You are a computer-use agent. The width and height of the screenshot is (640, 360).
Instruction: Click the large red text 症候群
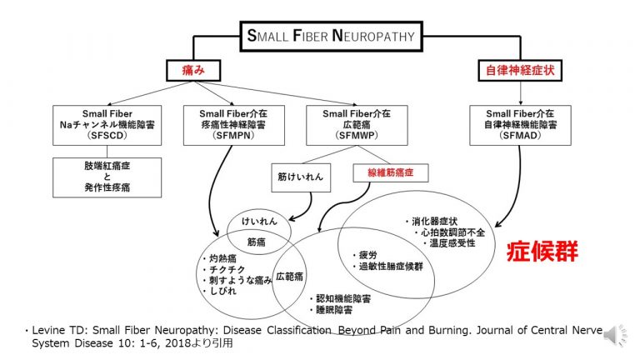[542, 251]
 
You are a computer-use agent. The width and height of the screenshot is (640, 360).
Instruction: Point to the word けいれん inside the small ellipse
[259, 222]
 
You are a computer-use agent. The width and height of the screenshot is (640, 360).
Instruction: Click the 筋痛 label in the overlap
[257, 242]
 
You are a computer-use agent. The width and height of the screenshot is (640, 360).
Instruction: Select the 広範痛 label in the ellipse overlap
[289, 277]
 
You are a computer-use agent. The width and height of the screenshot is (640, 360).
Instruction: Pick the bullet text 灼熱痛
[222, 258]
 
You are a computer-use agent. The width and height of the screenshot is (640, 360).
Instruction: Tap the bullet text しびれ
[222, 291]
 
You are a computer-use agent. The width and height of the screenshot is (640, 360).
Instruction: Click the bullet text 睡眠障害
[334, 310]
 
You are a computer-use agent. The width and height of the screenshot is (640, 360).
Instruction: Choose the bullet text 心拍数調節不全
[453, 232]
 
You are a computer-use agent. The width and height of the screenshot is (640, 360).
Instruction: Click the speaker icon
[615, 336]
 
